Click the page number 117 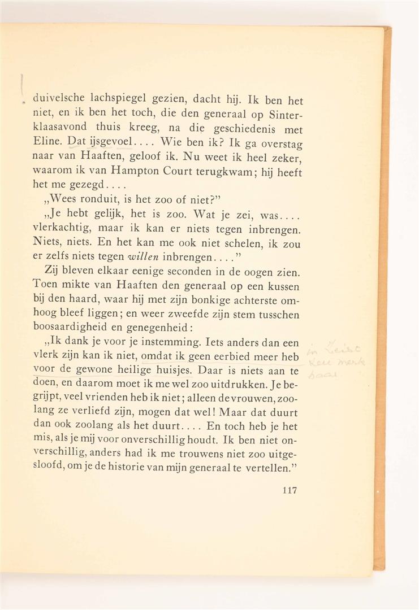(x=289, y=490)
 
